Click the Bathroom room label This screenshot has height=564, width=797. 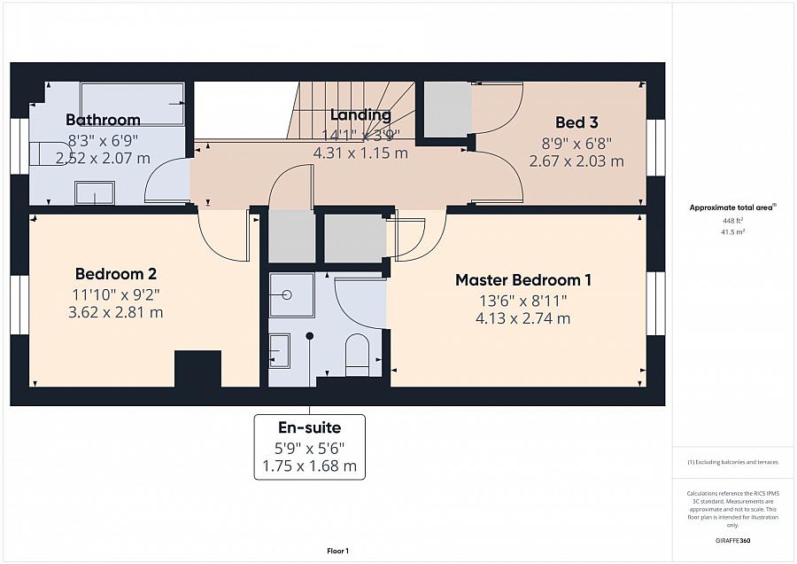click(104, 120)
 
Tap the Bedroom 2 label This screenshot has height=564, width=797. click(116, 274)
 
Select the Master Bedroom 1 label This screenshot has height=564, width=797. click(523, 280)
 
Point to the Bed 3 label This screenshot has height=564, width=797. click(576, 122)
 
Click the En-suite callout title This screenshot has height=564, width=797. click(310, 427)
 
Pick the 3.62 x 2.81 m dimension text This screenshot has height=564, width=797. click(116, 312)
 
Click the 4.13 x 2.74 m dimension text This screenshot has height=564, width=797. click(523, 318)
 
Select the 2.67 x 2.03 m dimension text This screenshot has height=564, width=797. click(576, 161)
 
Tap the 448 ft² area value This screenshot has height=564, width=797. click(733, 221)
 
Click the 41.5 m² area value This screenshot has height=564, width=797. click(733, 231)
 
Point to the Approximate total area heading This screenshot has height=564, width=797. click(732, 208)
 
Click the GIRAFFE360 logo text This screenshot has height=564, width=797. click(733, 541)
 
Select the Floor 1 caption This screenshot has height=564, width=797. click(337, 551)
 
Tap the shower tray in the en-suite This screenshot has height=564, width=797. click(287, 294)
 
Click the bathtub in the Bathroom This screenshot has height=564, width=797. click(132, 104)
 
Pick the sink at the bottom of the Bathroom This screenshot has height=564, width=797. click(95, 192)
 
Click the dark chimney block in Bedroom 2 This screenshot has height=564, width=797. click(197, 369)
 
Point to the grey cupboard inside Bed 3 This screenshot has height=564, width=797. click(447, 109)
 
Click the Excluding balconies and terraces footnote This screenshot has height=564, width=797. click(732, 462)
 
